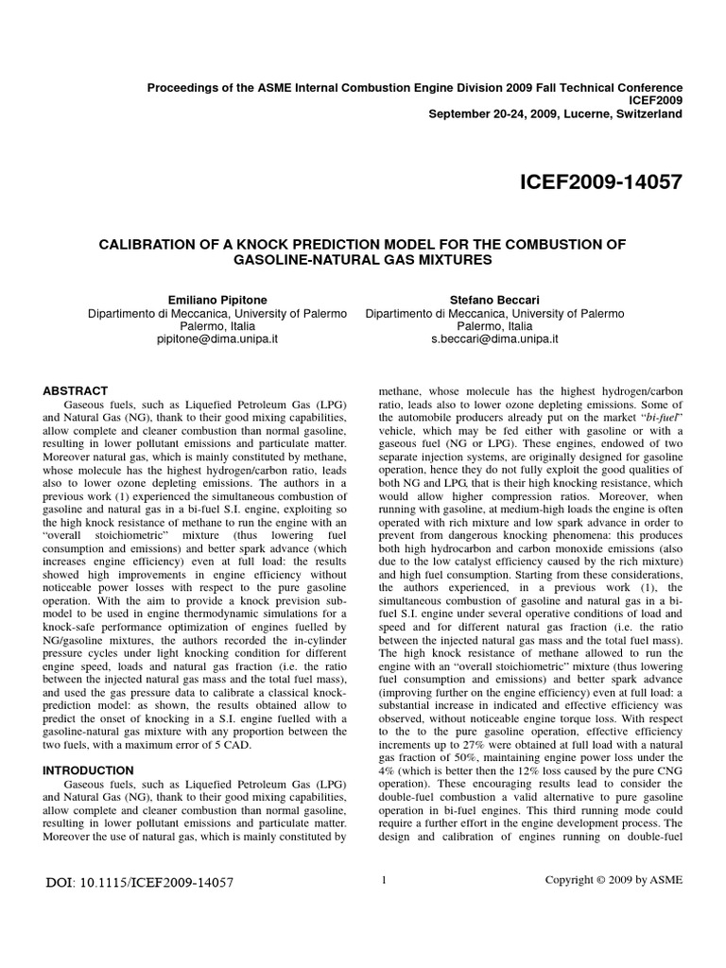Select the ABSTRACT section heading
pyautogui.click(x=77, y=390)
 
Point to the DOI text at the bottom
pyautogui.click(x=139, y=884)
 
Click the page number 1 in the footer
pyautogui.click(x=384, y=880)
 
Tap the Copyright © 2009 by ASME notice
pyautogui.click(x=614, y=880)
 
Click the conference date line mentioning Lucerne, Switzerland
pyautogui.click(x=555, y=114)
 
